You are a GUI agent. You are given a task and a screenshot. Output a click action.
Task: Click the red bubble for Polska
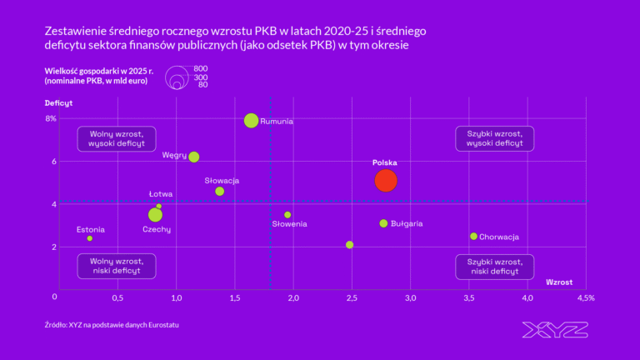pos(385,180)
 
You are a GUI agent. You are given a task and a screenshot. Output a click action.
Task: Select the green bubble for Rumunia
pos(252,120)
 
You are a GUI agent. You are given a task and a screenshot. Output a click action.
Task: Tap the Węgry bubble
pos(194,157)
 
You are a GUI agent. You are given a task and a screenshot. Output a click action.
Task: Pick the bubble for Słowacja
pos(219,191)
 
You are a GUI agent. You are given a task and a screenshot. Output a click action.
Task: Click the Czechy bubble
pos(155,215)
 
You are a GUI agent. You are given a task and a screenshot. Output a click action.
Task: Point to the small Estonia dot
pos(89,238)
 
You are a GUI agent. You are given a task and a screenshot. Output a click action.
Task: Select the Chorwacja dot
pos(473,236)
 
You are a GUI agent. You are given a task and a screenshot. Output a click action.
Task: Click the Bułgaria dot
pos(383,223)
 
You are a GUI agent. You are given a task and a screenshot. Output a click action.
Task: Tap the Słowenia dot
pos(287,214)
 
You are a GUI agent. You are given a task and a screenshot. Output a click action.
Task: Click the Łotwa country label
pos(161,194)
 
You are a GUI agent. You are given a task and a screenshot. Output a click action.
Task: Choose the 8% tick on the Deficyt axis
pos(51,118)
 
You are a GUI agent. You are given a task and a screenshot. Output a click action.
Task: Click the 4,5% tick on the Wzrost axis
pos(585,297)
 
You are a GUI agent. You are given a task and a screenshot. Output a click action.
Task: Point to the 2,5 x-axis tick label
pos(350,297)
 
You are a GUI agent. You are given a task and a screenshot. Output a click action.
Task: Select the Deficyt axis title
pos(59,102)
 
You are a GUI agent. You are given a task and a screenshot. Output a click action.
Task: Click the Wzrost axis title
pos(559,282)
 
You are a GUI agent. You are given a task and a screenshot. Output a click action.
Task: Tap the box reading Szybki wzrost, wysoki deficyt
pos(495,138)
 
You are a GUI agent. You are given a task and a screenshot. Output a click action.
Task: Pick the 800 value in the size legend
pos(201,69)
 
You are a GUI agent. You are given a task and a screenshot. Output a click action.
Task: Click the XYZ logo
pos(554,329)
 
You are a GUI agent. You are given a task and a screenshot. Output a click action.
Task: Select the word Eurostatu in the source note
pos(162,324)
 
